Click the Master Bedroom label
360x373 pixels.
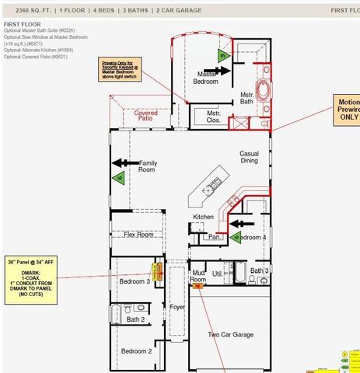(205, 76)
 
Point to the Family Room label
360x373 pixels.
(147, 166)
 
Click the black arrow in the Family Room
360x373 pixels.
(123, 162)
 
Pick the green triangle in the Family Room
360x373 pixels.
(119, 179)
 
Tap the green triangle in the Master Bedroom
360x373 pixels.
(223, 55)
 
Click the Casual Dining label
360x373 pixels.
(249, 157)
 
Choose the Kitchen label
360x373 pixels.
(203, 217)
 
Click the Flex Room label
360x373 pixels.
(138, 234)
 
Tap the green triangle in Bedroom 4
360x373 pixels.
(236, 236)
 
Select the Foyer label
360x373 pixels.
(177, 308)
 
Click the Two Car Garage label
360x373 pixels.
(230, 334)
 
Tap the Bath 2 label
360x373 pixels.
(136, 319)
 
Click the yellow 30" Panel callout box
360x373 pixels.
(31, 277)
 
